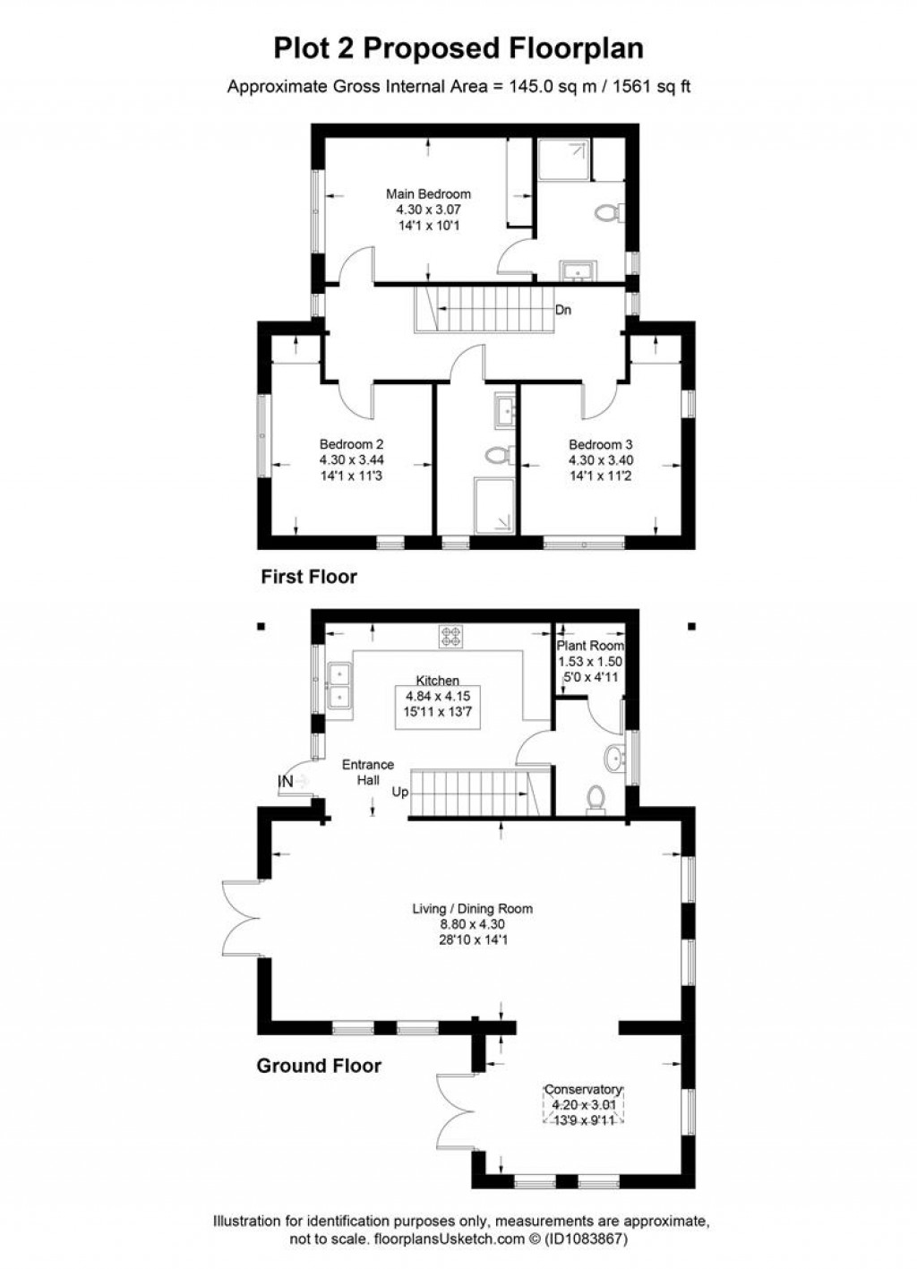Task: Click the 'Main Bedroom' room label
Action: coord(428,193)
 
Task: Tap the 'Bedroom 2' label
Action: coord(352,444)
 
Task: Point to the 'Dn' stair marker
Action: coord(563,310)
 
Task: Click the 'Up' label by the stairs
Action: coord(399,792)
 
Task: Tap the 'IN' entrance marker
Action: coord(286,782)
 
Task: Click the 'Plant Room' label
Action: coord(590,645)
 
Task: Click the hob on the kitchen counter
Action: coord(450,637)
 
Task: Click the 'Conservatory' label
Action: coord(583,1090)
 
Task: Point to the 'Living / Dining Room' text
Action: coord(472,908)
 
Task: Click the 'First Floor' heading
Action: coord(308,577)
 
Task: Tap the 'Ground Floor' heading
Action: coord(319,1066)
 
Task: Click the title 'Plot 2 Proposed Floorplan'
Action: coord(458,47)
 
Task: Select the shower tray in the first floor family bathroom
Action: coord(493,505)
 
